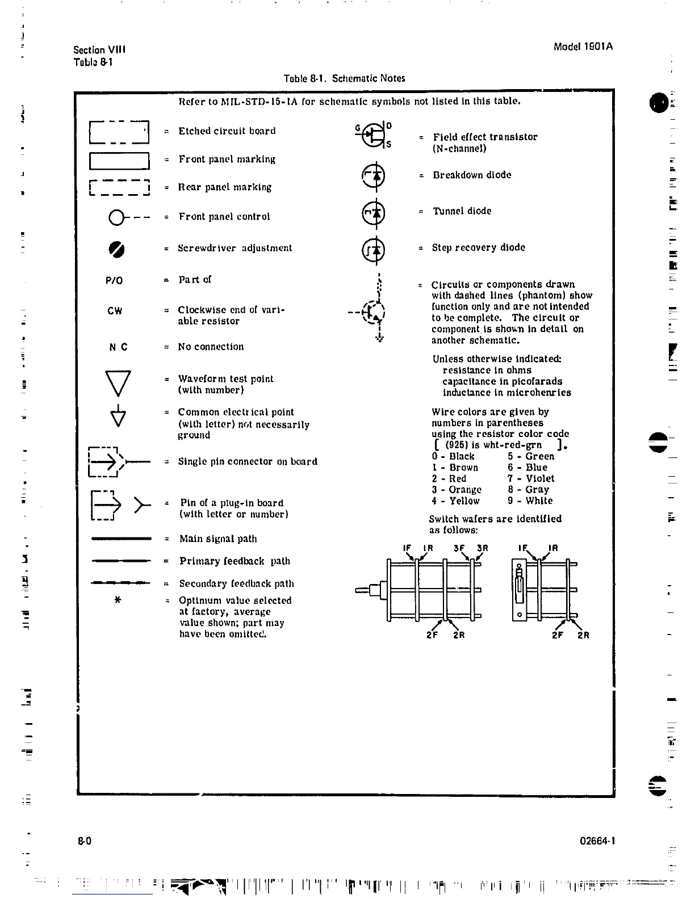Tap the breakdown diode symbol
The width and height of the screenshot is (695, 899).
[373, 176]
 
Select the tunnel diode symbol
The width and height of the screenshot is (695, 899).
[373, 213]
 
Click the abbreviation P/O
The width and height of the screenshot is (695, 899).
[114, 280]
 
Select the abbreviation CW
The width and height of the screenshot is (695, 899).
[115, 311]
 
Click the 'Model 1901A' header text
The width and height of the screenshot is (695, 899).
[583, 47]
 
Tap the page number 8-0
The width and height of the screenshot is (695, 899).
[85, 841]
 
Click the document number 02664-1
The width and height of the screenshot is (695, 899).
[597, 841]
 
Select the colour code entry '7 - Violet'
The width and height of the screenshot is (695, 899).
[531, 478]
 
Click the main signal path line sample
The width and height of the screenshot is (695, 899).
[121, 539]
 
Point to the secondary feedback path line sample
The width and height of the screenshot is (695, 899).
[121, 583]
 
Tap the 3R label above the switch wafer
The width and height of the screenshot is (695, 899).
[482, 548]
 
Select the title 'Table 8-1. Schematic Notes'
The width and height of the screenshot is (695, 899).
[345, 78]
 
